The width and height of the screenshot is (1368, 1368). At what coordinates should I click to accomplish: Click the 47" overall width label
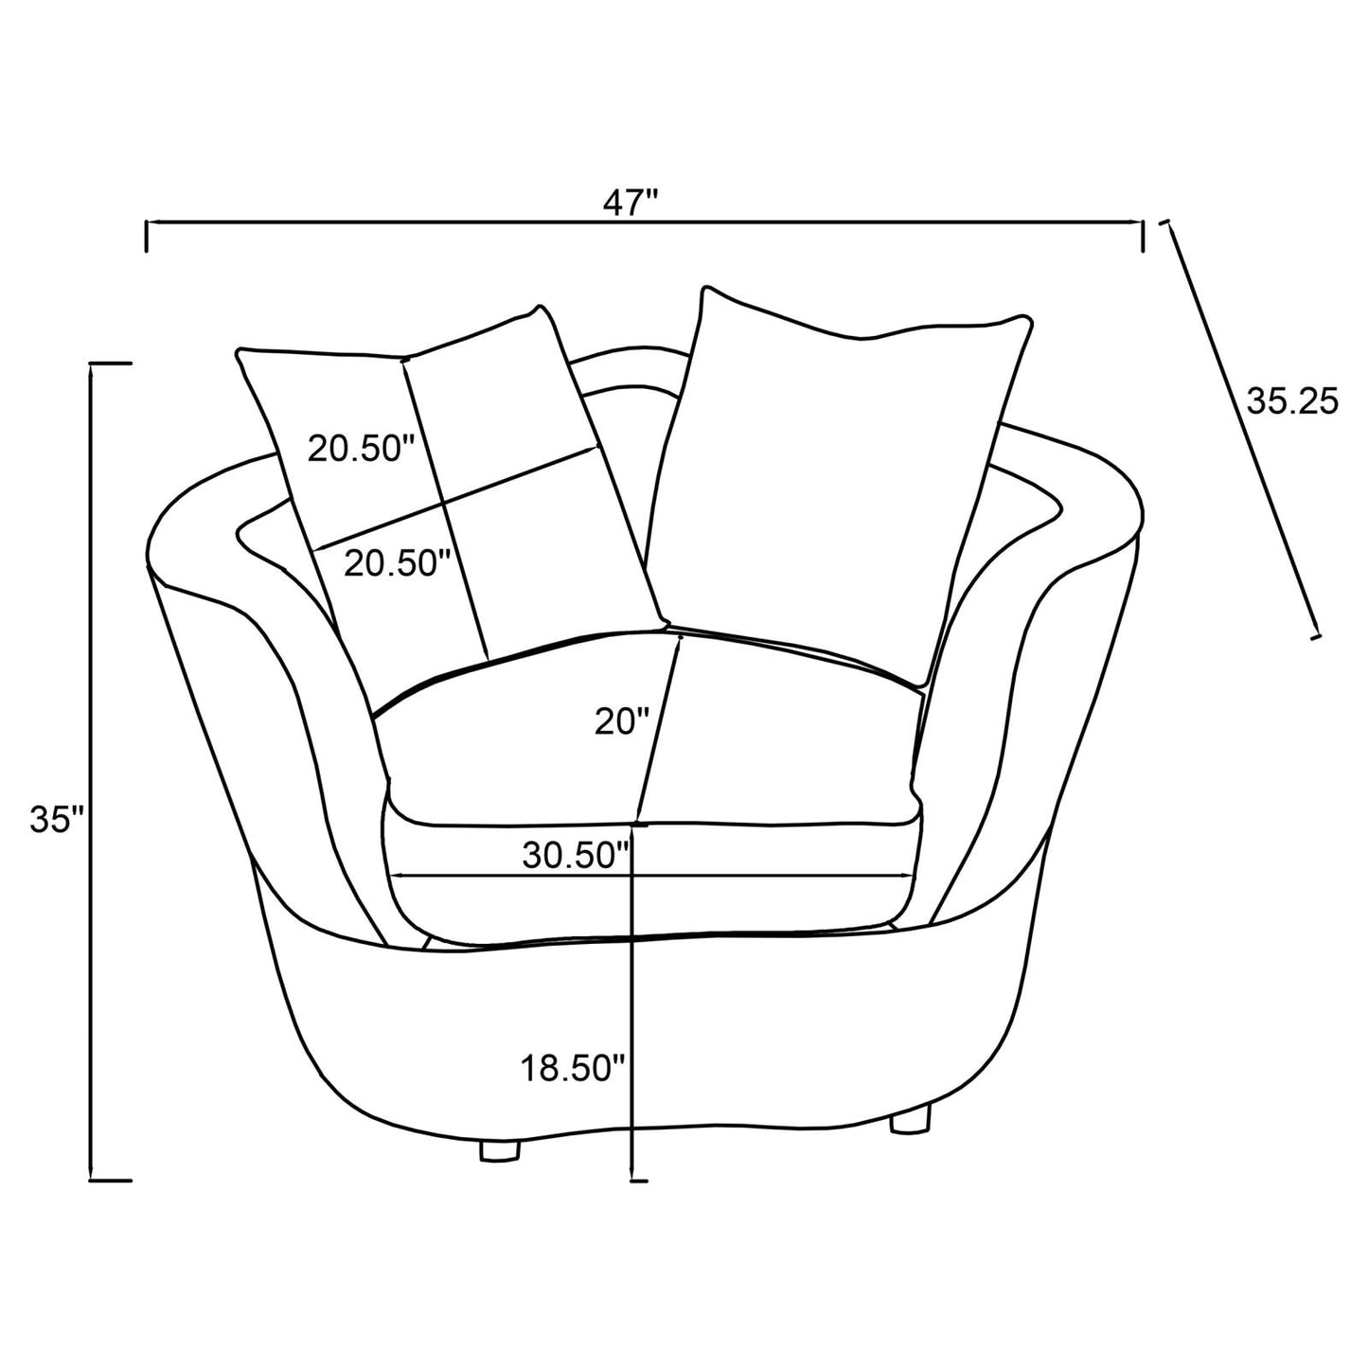click(x=633, y=203)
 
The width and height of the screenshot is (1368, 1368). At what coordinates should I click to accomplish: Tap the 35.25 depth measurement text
click(x=1291, y=402)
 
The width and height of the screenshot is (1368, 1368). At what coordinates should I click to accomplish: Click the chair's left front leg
click(x=502, y=1149)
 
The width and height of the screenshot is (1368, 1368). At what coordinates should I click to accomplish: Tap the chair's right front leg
click(x=911, y=1121)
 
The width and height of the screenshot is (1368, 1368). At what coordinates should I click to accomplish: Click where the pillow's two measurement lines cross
click(x=441, y=500)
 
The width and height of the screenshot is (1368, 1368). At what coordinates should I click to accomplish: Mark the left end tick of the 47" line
click(x=146, y=236)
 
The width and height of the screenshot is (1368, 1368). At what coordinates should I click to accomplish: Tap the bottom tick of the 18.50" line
click(x=638, y=1181)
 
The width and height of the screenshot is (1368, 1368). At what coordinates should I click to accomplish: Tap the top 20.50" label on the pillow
click(x=362, y=448)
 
